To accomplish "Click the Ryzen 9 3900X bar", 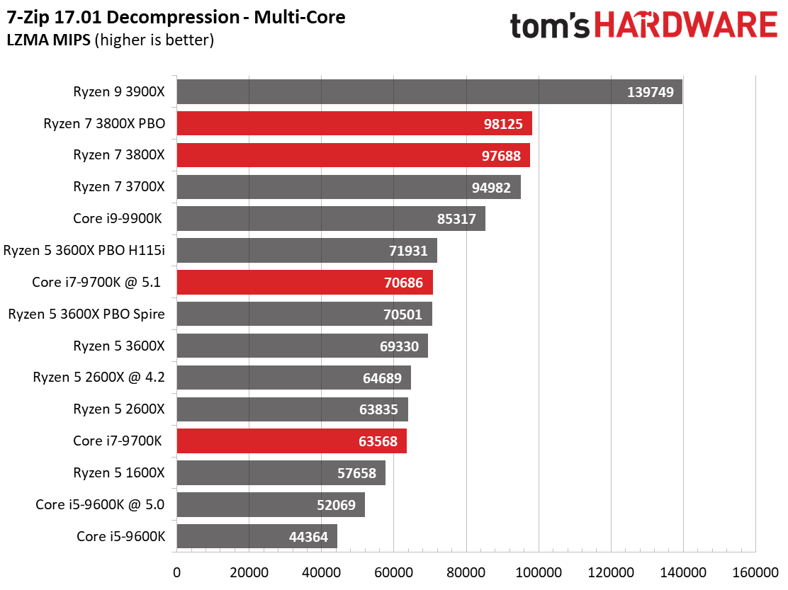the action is (x=429, y=92).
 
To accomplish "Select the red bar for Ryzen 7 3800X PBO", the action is (x=354, y=123).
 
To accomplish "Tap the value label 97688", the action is (x=501, y=156).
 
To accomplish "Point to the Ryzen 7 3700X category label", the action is (x=118, y=187).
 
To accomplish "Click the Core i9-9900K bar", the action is (x=331, y=219).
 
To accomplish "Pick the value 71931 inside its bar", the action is (x=408, y=251).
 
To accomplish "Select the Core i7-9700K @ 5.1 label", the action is (x=96, y=282).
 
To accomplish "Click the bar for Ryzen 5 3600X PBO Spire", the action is (x=304, y=314).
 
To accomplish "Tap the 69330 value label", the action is (x=399, y=346).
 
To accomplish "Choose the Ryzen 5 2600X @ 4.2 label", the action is (x=98, y=377).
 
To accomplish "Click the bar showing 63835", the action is (x=292, y=409).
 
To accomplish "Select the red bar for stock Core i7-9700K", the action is (x=291, y=441).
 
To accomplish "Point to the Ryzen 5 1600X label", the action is (x=118, y=472).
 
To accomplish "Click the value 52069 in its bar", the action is (x=336, y=505).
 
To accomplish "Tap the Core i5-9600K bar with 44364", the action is (x=257, y=536).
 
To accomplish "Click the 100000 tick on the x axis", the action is (x=539, y=572).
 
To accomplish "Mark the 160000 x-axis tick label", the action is (x=755, y=572).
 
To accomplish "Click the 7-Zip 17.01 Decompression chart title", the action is (x=176, y=18).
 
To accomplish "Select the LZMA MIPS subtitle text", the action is (x=49, y=40).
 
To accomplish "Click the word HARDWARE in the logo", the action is (x=687, y=25).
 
